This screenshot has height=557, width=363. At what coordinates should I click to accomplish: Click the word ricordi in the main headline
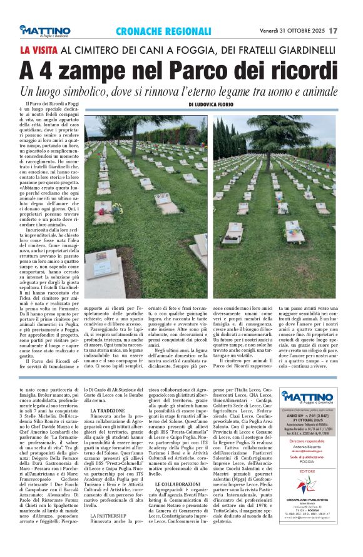click(300, 69)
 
